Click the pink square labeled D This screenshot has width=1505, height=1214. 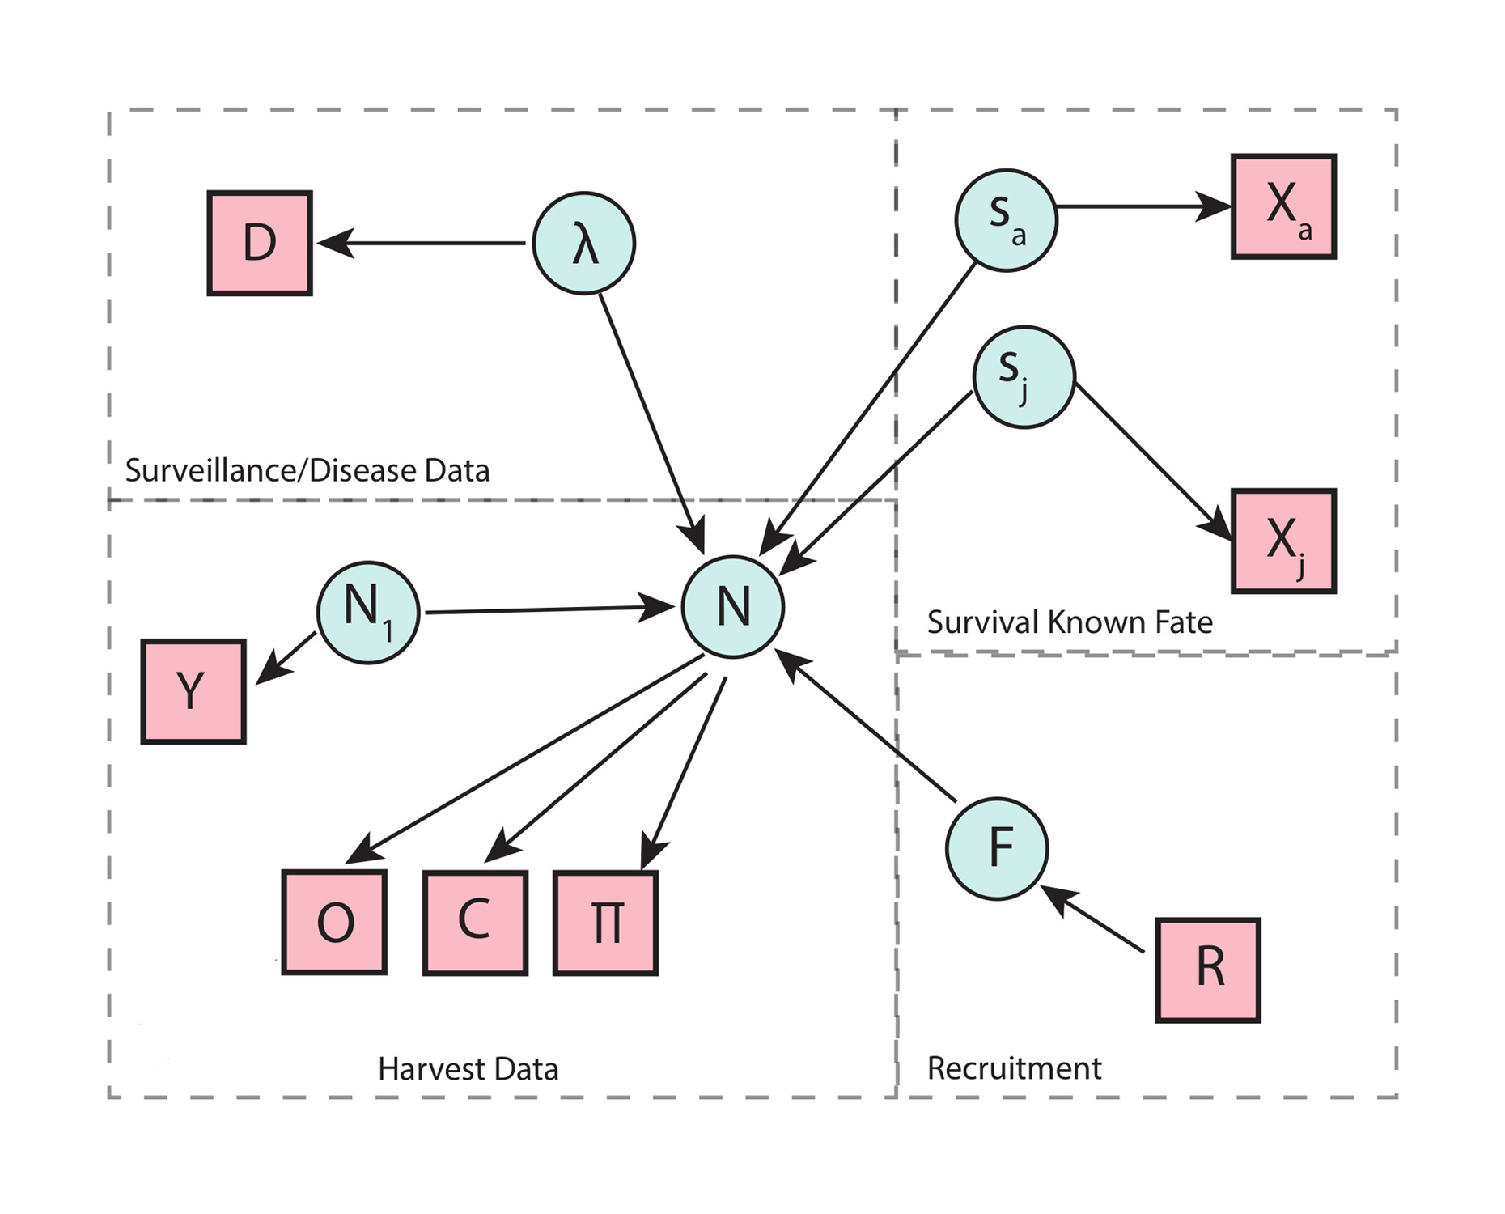click(x=260, y=243)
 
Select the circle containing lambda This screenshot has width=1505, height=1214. click(x=583, y=243)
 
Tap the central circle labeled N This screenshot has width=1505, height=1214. click(x=733, y=607)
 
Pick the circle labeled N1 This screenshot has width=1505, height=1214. click(x=368, y=613)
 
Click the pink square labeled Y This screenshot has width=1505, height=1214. click(x=193, y=691)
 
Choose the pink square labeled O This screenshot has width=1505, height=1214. click(x=334, y=922)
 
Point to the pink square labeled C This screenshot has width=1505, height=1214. click(x=475, y=923)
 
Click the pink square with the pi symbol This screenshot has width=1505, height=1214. click(x=605, y=923)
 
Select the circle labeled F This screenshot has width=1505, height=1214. click(x=997, y=848)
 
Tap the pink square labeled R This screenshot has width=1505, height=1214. click(x=1208, y=970)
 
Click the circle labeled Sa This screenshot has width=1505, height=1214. click(x=1006, y=220)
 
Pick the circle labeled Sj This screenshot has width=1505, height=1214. click(x=1024, y=377)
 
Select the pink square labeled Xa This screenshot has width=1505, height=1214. click(x=1283, y=206)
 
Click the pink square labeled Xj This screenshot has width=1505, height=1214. click(x=1283, y=541)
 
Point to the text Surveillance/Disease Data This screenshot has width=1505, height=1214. click(x=307, y=470)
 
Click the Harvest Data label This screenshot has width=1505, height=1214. click(x=468, y=1069)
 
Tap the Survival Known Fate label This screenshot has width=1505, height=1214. click(x=1070, y=622)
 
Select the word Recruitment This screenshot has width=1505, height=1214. click(x=1014, y=1068)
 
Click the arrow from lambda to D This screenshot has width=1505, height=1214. click(x=421, y=243)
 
